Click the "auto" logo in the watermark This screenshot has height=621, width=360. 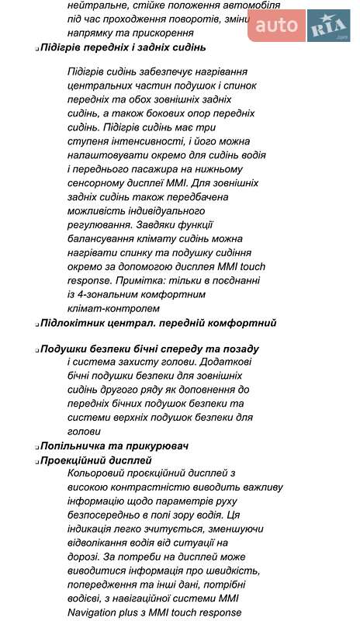click(x=276, y=26)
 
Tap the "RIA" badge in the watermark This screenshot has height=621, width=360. click(x=328, y=28)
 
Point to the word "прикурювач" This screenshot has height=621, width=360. click(x=155, y=446)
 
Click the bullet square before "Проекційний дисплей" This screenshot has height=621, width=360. click(x=36, y=461)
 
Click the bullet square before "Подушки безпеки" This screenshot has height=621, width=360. click(x=36, y=351)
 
